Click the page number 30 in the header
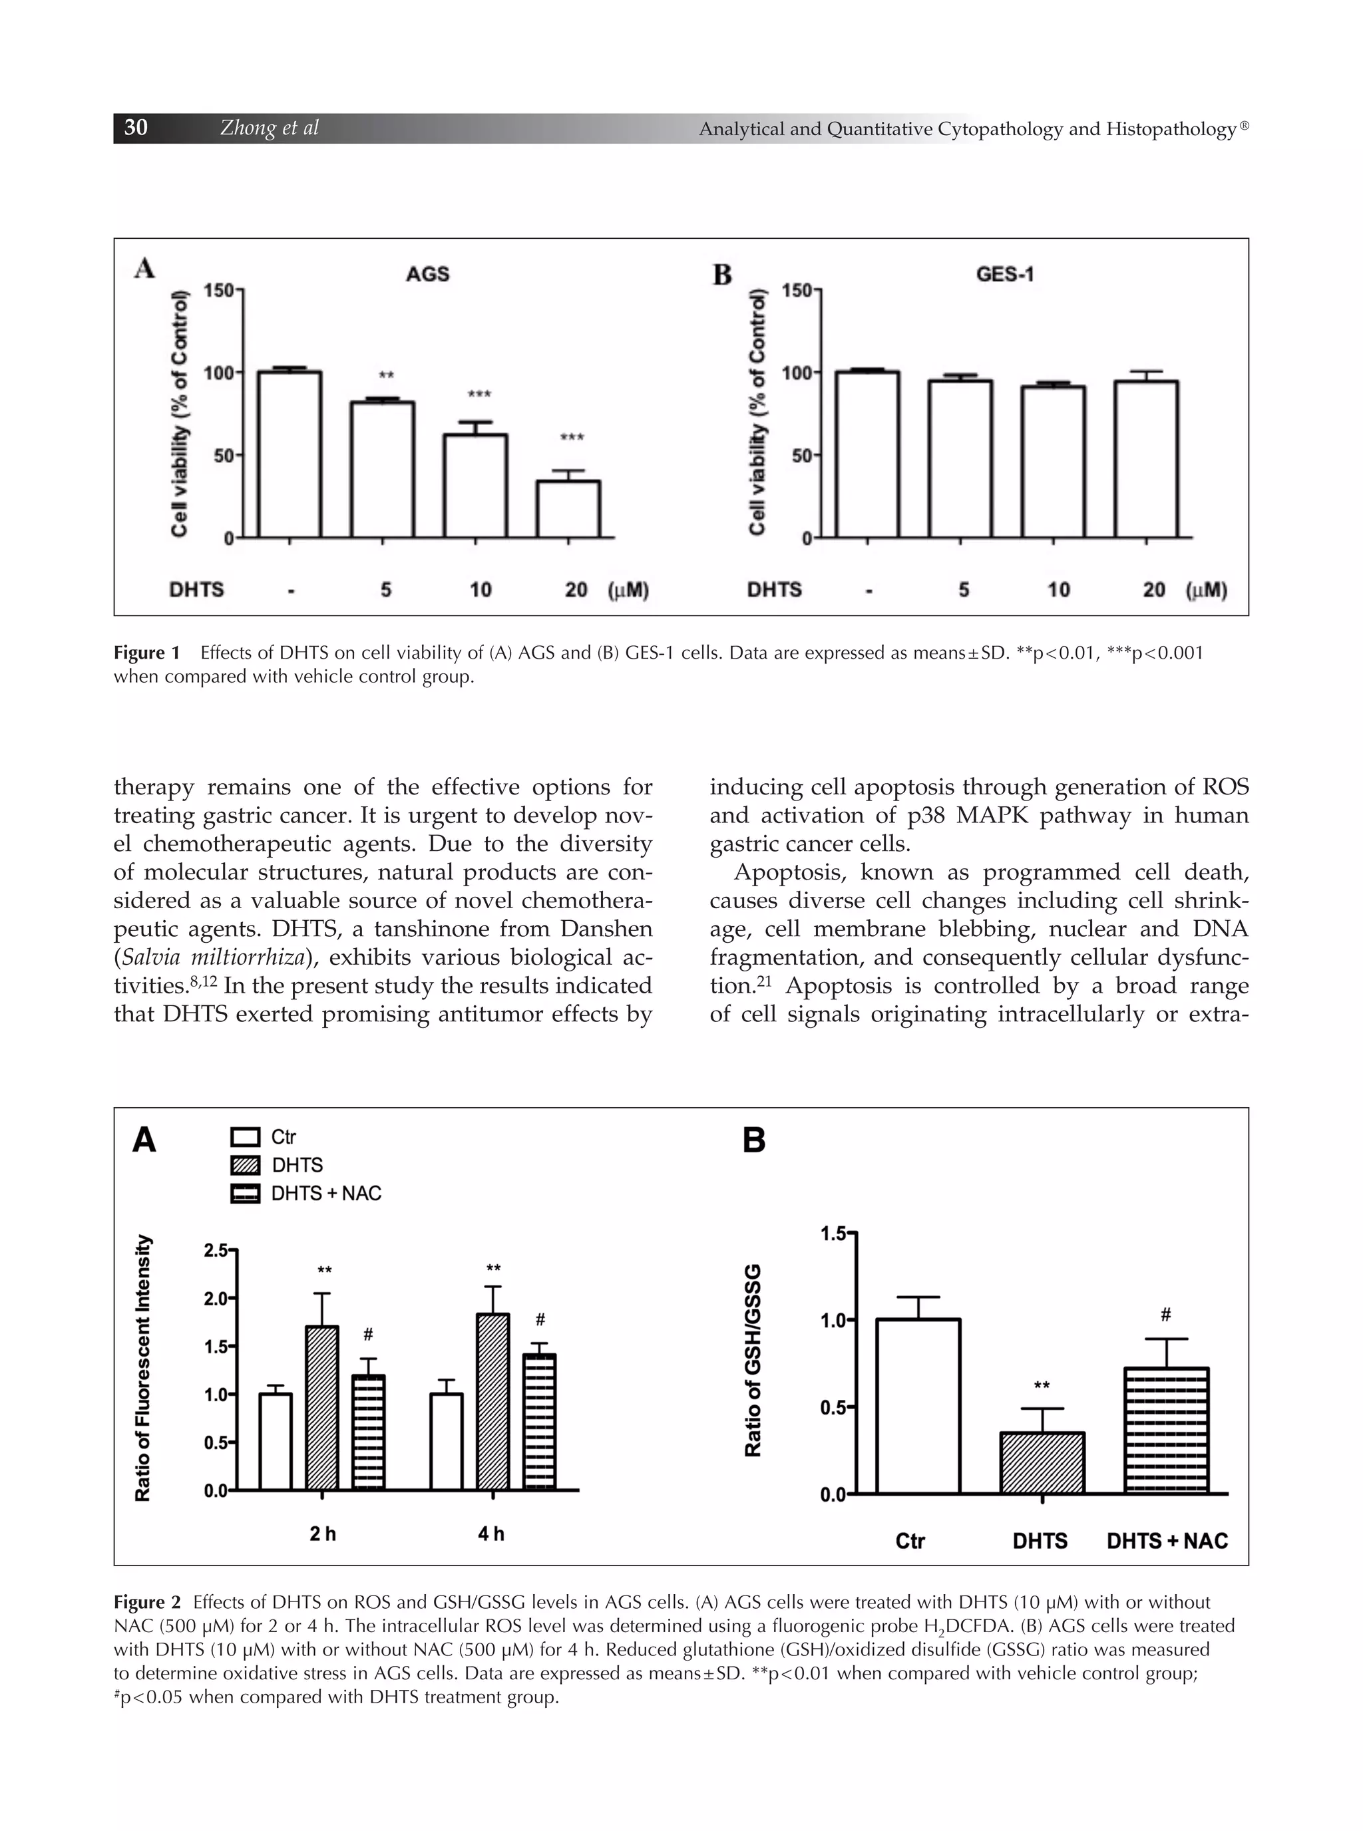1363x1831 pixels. coord(136,127)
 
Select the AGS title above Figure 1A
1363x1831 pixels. coord(427,274)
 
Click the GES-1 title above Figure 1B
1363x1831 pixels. coord(1005,274)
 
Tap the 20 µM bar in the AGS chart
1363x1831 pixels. coord(568,509)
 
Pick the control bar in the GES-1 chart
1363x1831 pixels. coord(867,454)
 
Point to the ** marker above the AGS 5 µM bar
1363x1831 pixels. coord(386,376)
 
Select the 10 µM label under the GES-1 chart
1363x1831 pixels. coord(1059,589)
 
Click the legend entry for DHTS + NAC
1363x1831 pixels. coord(326,1194)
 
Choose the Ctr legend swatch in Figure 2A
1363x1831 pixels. coord(245,1137)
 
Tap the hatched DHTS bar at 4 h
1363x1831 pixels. coord(492,1401)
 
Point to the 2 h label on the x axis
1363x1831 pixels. coord(323,1533)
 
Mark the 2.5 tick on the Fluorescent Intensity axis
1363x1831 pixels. coord(216,1250)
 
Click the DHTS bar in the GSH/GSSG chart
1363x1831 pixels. coord(1042,1462)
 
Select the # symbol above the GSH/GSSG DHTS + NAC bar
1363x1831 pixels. coord(1166,1315)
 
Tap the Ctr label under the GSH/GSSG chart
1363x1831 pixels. coord(910,1541)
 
